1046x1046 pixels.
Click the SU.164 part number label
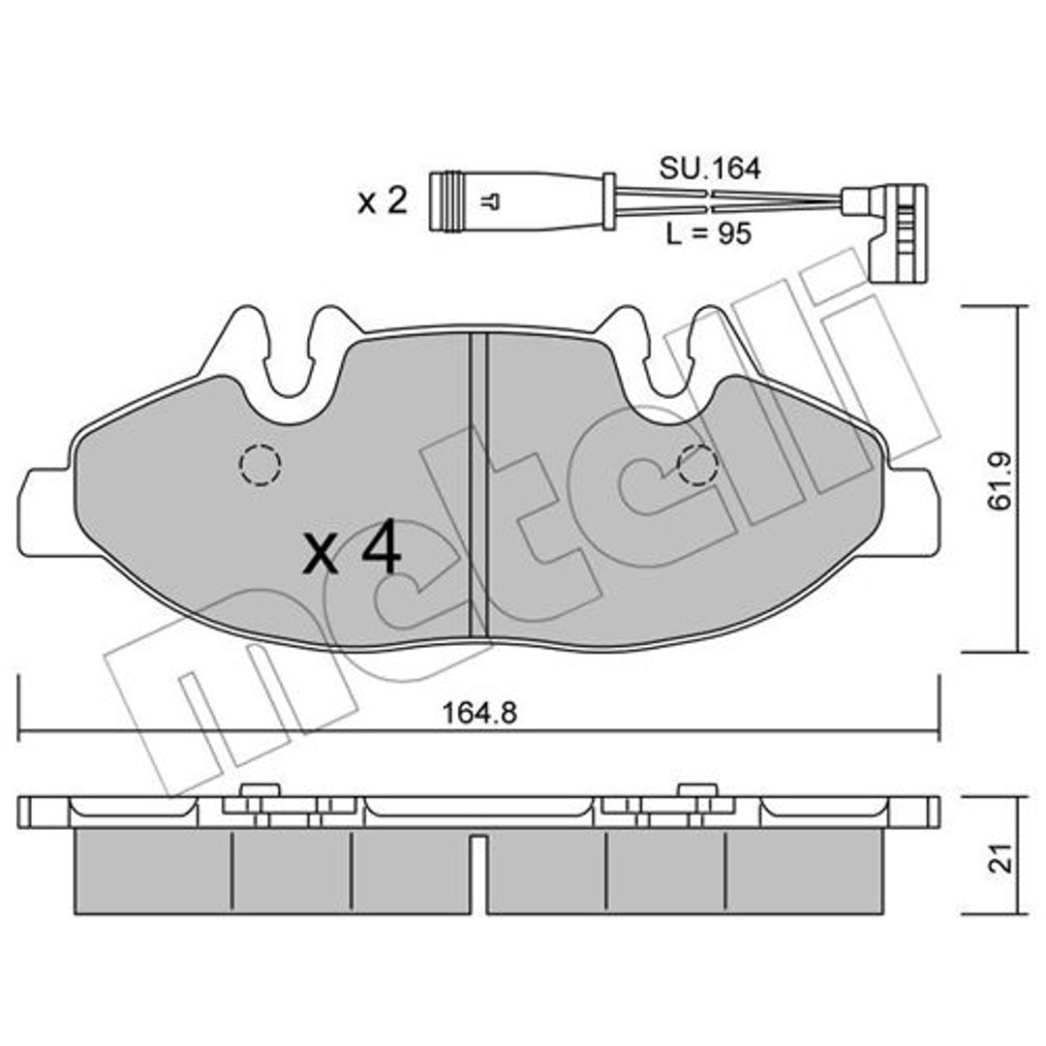(x=709, y=169)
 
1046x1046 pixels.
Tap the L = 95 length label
(x=708, y=233)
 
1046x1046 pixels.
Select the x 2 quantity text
(x=383, y=200)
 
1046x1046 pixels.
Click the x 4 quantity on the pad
(x=352, y=550)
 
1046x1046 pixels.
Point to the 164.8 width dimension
(x=479, y=714)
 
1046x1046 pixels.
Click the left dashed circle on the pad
(x=260, y=464)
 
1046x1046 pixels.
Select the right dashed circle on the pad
(x=697, y=465)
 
